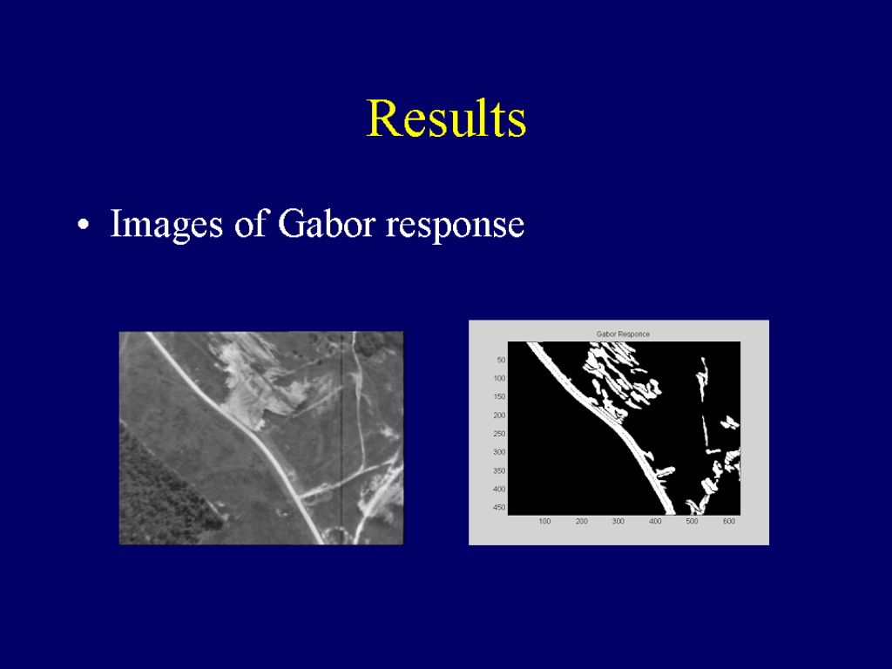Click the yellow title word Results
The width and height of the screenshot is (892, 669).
point(446,118)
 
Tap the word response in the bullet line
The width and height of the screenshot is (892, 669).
point(455,226)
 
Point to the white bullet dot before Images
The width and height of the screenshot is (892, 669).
point(84,225)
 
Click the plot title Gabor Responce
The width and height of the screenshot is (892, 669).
point(623,334)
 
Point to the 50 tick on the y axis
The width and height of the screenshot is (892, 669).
point(501,360)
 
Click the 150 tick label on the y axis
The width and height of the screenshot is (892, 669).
point(499,396)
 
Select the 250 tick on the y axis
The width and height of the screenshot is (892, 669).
point(499,434)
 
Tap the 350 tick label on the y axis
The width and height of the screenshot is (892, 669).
point(499,471)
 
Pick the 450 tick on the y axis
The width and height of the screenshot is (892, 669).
point(499,508)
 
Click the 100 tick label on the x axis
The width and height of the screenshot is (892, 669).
point(544,521)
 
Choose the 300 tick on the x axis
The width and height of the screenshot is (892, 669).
point(618,521)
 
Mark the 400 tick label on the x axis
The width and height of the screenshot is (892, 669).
point(655,521)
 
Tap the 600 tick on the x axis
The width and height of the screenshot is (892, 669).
point(729,521)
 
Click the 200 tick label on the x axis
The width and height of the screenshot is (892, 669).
point(581,521)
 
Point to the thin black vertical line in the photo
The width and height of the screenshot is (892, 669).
point(341,438)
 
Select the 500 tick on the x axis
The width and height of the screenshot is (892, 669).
point(692,521)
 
